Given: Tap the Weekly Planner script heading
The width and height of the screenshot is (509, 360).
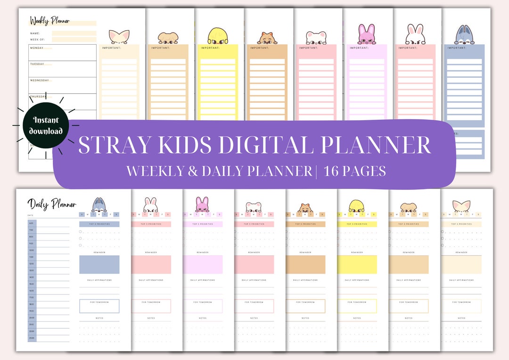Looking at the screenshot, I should (49, 21).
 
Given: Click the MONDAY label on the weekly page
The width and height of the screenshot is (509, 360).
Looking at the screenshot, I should (37, 48).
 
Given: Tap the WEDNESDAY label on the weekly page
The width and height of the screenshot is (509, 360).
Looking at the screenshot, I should (40, 80).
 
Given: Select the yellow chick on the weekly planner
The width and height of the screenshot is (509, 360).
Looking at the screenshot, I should (218, 36).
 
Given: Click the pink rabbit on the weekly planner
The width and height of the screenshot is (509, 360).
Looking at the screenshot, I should (366, 34).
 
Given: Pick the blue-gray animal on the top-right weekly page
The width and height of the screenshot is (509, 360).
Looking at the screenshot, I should (464, 35).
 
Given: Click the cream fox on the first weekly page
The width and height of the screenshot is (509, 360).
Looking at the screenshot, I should (119, 37).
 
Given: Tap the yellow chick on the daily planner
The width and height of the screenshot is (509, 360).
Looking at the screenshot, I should (357, 206).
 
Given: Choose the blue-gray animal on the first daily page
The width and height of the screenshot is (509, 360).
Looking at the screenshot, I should (99, 205).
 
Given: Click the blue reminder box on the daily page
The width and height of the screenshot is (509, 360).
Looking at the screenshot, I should (99, 264).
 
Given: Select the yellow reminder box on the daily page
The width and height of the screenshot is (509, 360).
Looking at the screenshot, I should (357, 264).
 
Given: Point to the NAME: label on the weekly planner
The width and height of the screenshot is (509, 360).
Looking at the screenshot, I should (35, 33).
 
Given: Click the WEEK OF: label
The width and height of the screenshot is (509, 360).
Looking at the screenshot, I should (37, 40).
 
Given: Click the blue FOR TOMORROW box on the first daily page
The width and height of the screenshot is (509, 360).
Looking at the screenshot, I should (99, 306).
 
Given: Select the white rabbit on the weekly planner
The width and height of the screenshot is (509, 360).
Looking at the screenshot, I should (415, 35).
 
